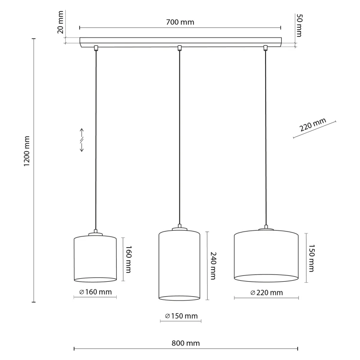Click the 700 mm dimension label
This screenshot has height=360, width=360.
click(180, 22)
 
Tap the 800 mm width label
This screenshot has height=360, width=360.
click(186, 343)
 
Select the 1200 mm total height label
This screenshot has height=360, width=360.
click(27, 151)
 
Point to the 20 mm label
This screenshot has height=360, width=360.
click(60, 22)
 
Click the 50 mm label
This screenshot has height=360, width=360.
click(299, 25)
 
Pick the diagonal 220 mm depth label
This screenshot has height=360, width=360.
click(313, 125)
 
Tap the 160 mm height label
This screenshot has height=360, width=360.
click(128, 259)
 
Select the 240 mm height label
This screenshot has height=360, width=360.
click(213, 266)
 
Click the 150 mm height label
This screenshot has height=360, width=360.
click(311, 258)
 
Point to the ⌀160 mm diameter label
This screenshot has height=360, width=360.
click(95, 292)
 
